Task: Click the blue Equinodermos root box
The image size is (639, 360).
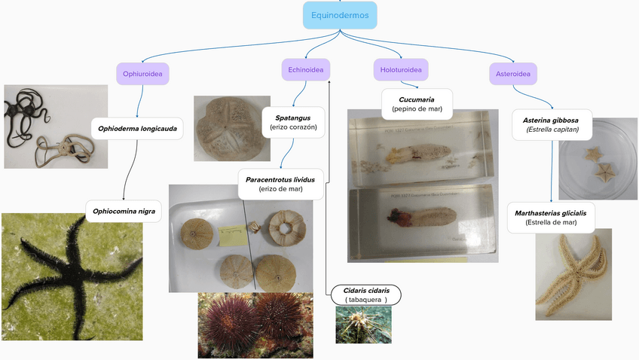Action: pyautogui.click(x=339, y=15)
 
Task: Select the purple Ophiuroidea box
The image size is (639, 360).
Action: pyautogui.click(x=142, y=73)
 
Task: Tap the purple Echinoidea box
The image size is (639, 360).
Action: pyautogui.click(x=305, y=71)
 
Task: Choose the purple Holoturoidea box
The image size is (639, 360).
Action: pyautogui.click(x=401, y=70)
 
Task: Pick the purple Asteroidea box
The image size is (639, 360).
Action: pyautogui.click(x=513, y=73)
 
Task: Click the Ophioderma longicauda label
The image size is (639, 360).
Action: pyautogui.click(x=137, y=129)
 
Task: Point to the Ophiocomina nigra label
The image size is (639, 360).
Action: pyautogui.click(x=124, y=212)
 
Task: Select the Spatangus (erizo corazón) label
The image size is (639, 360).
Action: pyautogui.click(x=294, y=123)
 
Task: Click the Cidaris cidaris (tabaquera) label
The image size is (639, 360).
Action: pyautogui.click(x=366, y=294)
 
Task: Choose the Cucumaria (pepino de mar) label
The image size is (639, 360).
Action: pyautogui.click(x=417, y=104)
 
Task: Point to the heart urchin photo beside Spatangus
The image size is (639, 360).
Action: pyautogui.click(x=231, y=128)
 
